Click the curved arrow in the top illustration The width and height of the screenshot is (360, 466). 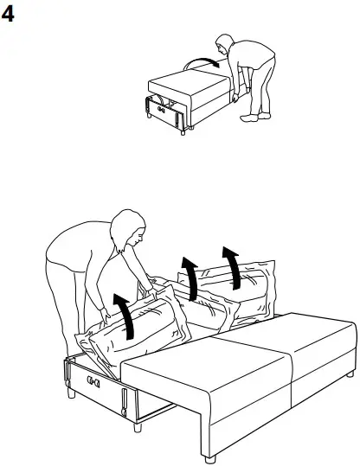[206, 61]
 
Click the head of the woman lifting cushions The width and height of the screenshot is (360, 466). [127, 232]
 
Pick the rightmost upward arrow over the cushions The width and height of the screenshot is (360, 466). [231, 266]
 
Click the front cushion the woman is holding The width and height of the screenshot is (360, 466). [138, 333]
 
